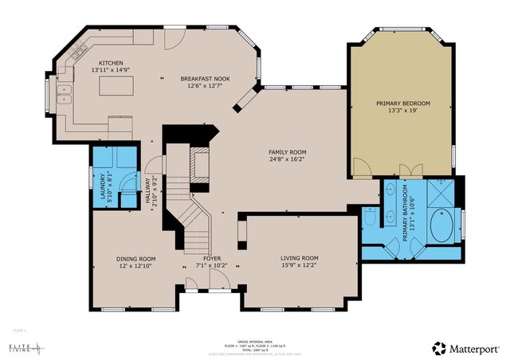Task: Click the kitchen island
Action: (116, 86)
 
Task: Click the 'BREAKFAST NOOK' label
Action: (206, 79)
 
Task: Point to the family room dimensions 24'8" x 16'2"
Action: (287, 159)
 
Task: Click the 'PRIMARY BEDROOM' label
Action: (403, 104)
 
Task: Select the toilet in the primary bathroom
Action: (370, 216)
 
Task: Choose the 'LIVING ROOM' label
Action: (299, 258)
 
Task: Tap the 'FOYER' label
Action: (211, 259)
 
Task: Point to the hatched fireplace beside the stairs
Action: (202, 163)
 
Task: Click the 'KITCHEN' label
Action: (112, 63)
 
